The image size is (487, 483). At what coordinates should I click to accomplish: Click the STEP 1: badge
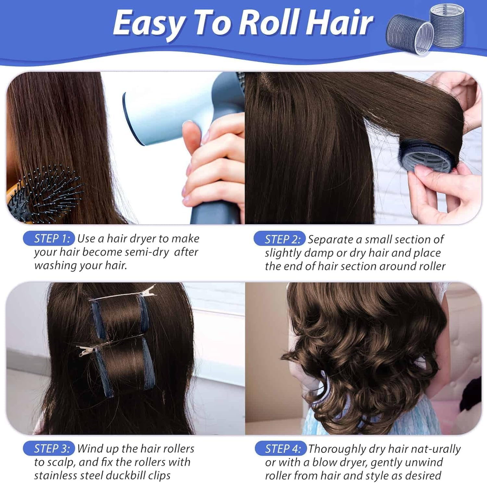point(49,239)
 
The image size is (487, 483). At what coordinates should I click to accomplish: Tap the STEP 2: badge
point(280,239)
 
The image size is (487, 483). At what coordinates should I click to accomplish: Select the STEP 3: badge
point(49,449)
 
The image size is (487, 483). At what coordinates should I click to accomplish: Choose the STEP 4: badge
point(280,449)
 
